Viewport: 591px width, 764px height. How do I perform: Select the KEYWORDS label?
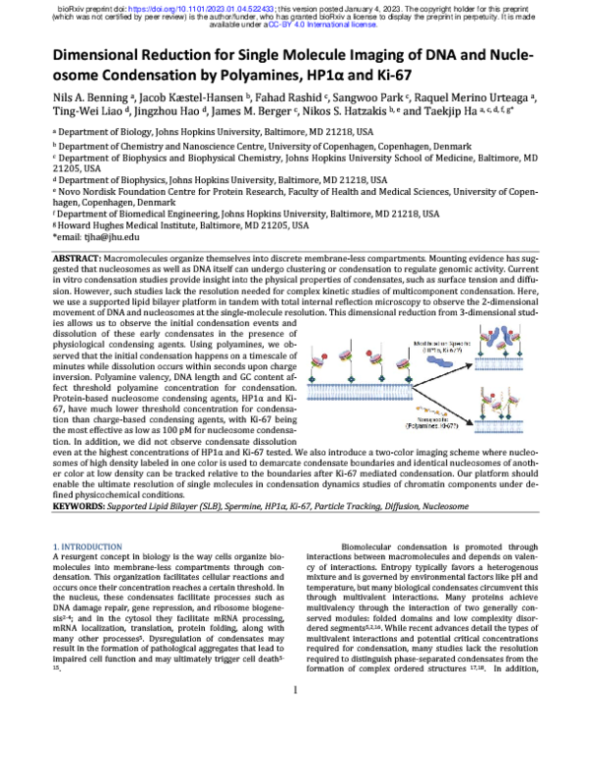tap(80, 509)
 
